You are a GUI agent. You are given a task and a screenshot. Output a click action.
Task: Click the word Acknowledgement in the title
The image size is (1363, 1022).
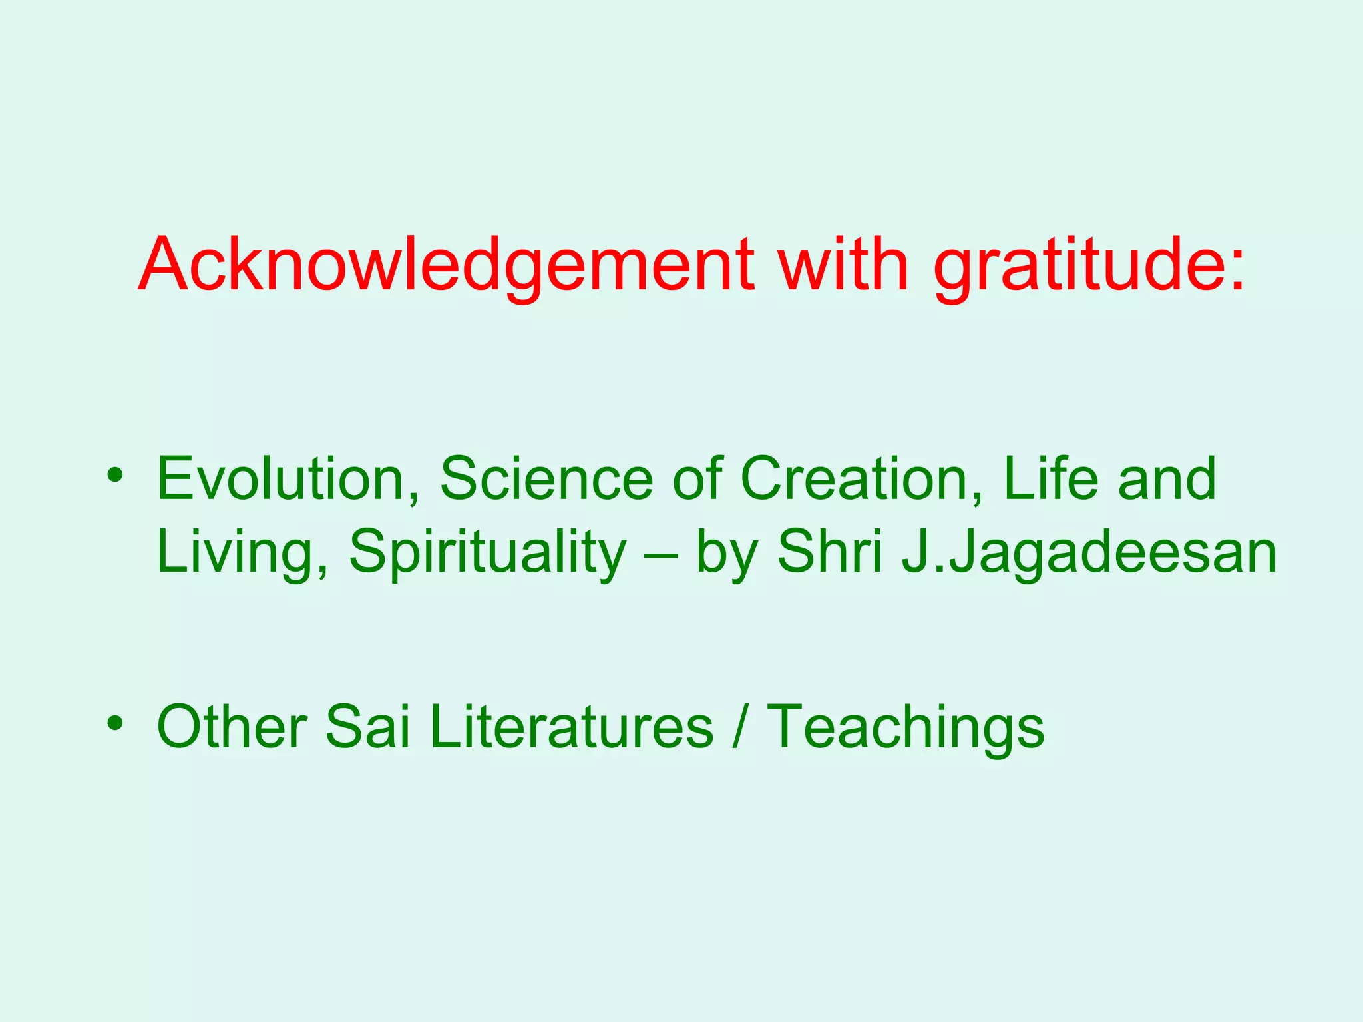tap(447, 265)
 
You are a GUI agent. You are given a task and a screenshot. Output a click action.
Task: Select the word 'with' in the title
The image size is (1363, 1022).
tap(844, 265)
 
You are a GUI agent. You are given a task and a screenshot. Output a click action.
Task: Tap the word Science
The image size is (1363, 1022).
tap(546, 479)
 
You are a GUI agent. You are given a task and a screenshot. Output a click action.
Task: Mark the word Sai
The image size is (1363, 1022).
tap(367, 727)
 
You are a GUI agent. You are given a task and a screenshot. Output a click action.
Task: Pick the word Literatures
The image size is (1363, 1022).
tap(572, 727)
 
